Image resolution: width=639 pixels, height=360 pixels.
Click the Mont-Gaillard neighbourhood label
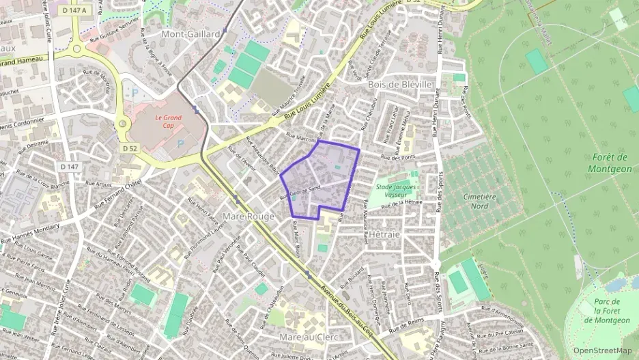pyautogui.click(x=190, y=33)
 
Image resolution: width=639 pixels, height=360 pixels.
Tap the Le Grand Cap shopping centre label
pyautogui.click(x=167, y=122)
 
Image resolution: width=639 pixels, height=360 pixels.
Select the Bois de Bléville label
pyautogui.click(x=400, y=84)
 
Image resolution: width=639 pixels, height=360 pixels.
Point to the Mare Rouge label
pyautogui.click(x=248, y=217)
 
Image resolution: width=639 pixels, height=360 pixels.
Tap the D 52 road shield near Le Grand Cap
pyautogui.click(x=130, y=148)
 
